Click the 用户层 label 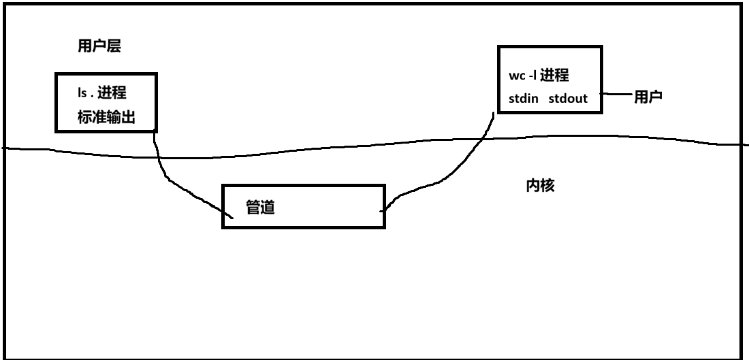click(x=99, y=46)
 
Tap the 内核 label click(x=536, y=186)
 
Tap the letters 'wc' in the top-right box click(x=515, y=74)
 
